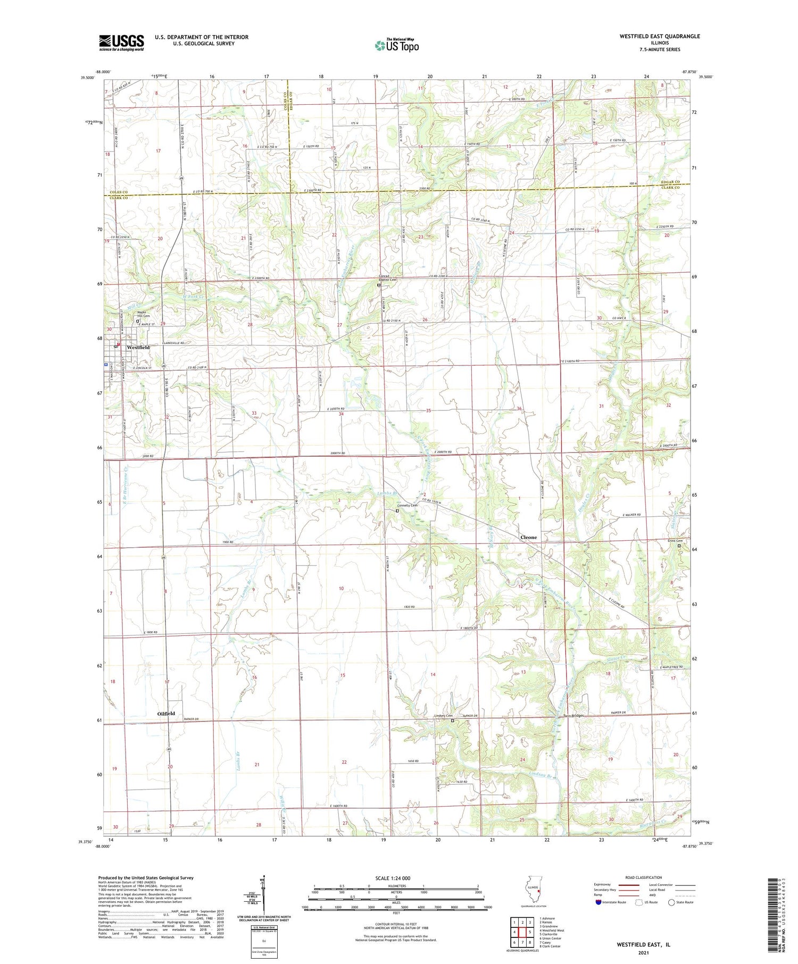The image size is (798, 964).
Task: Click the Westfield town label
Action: click(138, 347)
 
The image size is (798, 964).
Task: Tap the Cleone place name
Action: click(528, 537)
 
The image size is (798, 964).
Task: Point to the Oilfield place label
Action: click(166, 714)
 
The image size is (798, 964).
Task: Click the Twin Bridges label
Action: click(573, 716)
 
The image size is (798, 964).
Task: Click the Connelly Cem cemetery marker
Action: click(397, 511)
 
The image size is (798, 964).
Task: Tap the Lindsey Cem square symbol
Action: click(453, 721)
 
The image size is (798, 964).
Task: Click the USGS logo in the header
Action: click(121, 43)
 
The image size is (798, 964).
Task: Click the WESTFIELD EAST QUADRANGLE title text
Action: click(659, 36)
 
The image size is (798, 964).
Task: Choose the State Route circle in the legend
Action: click(671, 902)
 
